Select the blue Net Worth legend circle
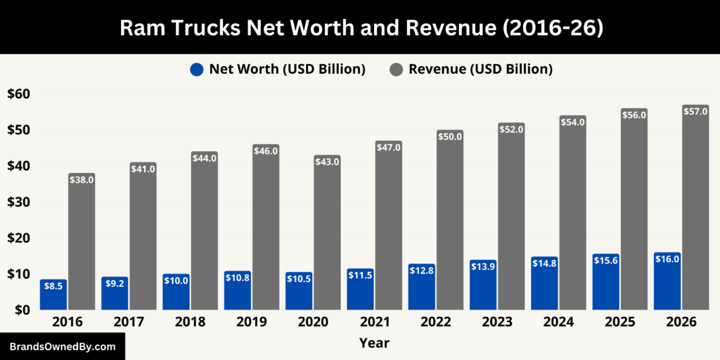(x=197, y=69)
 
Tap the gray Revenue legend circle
(x=397, y=69)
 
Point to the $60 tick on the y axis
(x=19, y=94)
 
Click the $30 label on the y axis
(x=19, y=202)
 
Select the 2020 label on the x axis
(x=313, y=322)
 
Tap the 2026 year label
(x=681, y=322)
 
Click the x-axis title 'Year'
(x=374, y=343)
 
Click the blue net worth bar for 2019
(x=237, y=292)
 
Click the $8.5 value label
(x=53, y=286)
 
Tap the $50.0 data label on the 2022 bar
(x=450, y=136)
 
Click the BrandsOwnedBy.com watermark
(x=62, y=347)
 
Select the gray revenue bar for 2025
(x=634, y=211)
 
